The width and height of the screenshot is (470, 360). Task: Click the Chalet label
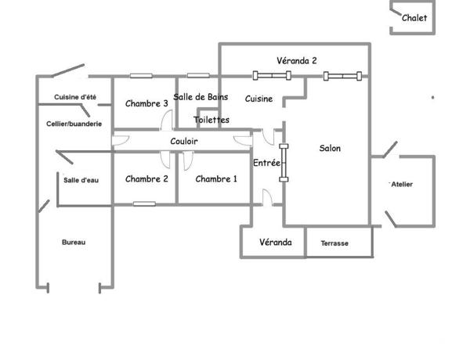[414, 18]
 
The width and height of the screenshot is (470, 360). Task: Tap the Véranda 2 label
[297, 60]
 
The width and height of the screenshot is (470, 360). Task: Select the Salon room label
[331, 148]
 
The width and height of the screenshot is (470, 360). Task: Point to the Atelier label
[402, 184]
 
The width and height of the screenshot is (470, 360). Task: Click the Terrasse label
[334, 243]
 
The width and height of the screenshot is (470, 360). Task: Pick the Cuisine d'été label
[75, 97]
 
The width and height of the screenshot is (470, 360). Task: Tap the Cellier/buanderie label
[74, 124]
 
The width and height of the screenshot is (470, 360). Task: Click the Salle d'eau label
[81, 179]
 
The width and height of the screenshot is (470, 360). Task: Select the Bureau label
[74, 243]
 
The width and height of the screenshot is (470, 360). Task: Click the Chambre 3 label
[146, 103]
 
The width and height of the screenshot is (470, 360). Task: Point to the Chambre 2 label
[146, 178]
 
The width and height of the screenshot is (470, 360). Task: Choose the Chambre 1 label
[216, 178]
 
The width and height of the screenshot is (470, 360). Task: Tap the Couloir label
[184, 141]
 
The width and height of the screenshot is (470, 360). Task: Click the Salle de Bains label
[201, 96]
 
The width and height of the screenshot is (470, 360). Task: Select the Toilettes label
[211, 120]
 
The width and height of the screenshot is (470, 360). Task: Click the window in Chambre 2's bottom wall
[143, 203]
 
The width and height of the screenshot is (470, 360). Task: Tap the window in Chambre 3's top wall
[141, 76]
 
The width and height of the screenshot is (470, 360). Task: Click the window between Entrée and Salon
[284, 162]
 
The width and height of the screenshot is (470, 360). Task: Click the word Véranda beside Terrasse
[276, 243]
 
